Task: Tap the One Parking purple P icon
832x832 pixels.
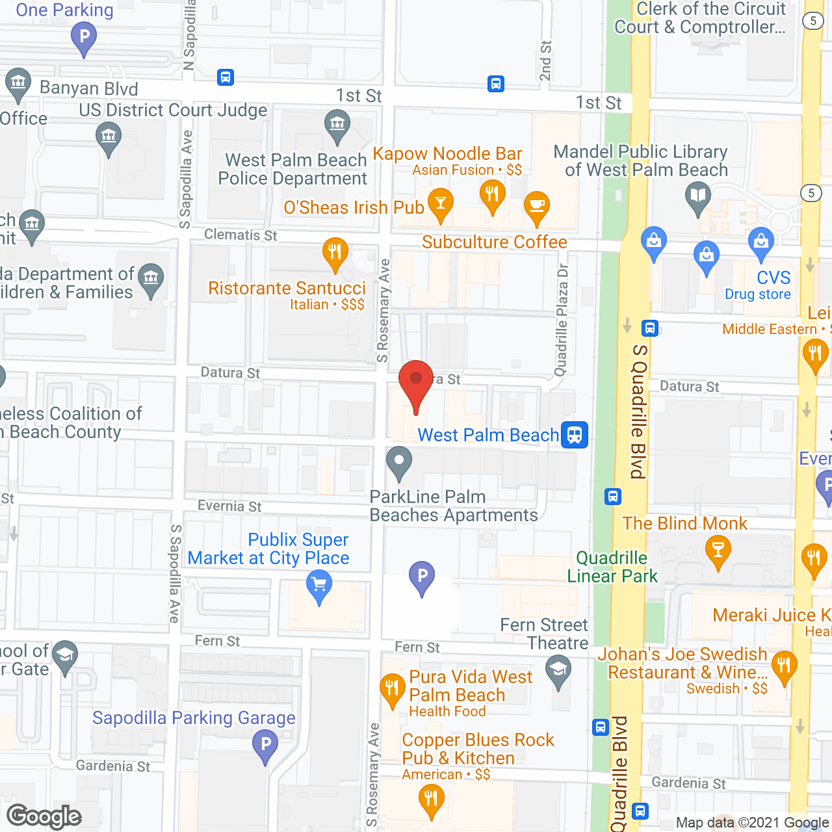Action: point(84,36)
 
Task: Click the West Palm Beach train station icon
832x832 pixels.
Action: point(575,435)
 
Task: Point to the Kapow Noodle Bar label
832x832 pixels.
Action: point(447,154)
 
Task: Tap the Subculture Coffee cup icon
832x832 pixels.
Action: point(536,205)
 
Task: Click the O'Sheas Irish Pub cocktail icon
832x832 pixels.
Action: point(441,203)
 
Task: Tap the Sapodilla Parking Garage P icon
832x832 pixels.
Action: point(265,745)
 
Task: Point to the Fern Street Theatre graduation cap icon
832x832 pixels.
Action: point(558,669)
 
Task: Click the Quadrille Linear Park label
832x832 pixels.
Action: point(612,567)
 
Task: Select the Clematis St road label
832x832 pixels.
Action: point(240,235)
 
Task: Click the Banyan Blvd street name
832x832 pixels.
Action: point(89,88)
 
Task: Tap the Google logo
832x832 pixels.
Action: point(44,816)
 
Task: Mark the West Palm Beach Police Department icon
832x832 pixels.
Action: point(337,123)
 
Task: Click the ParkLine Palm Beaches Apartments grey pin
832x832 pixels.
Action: point(399,462)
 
